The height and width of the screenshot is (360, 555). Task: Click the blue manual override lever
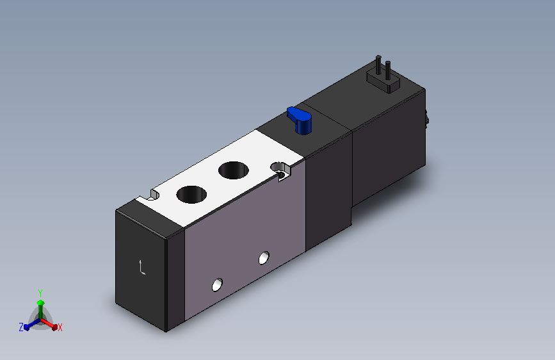point(300,120)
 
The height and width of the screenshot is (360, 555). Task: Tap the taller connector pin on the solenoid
point(378,65)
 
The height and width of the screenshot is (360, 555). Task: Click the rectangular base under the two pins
point(383,82)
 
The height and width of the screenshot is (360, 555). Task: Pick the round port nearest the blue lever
point(234,170)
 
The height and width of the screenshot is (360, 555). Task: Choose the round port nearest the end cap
point(191,195)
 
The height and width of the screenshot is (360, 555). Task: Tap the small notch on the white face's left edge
point(154,195)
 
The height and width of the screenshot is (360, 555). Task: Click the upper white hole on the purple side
point(264,258)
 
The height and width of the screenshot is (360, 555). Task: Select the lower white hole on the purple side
point(218,285)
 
